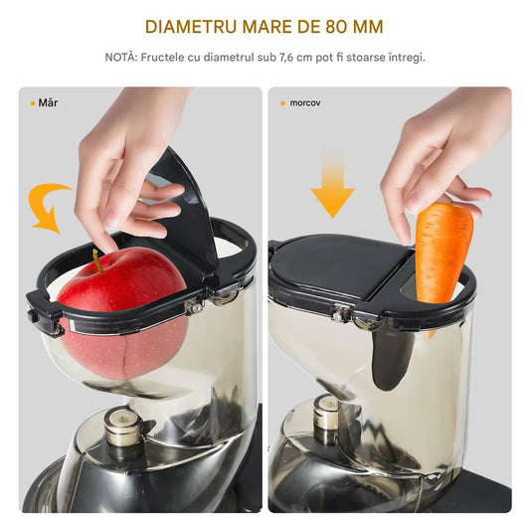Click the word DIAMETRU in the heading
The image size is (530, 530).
[191, 27]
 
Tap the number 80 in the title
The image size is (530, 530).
[336, 27]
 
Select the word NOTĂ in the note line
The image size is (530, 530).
[120, 57]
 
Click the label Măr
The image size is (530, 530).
[48, 102]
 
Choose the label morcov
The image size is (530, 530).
[305, 103]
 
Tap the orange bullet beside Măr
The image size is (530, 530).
[33, 103]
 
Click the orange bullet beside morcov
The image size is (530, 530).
[283, 103]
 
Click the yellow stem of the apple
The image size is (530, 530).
[97, 261]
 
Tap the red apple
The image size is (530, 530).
[122, 312]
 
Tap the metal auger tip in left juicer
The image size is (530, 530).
[123, 427]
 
